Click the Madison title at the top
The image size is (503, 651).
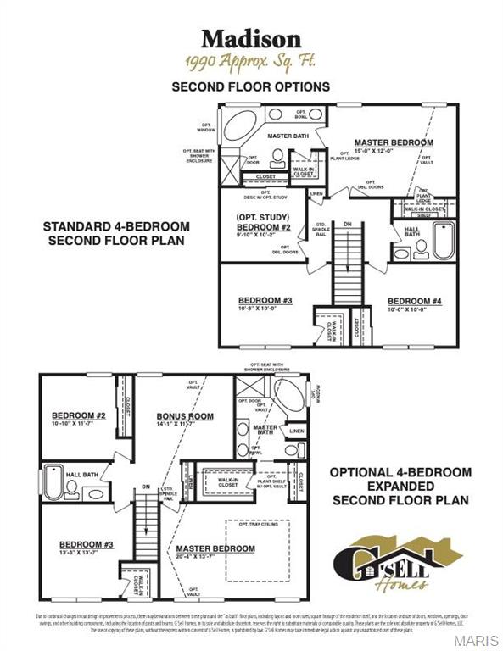(251, 38)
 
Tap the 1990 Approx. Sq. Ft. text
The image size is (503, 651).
(251, 62)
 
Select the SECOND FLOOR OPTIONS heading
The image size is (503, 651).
(251, 86)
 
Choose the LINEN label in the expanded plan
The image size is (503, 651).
(295, 431)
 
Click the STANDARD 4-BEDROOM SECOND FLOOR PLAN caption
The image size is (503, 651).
(118, 234)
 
